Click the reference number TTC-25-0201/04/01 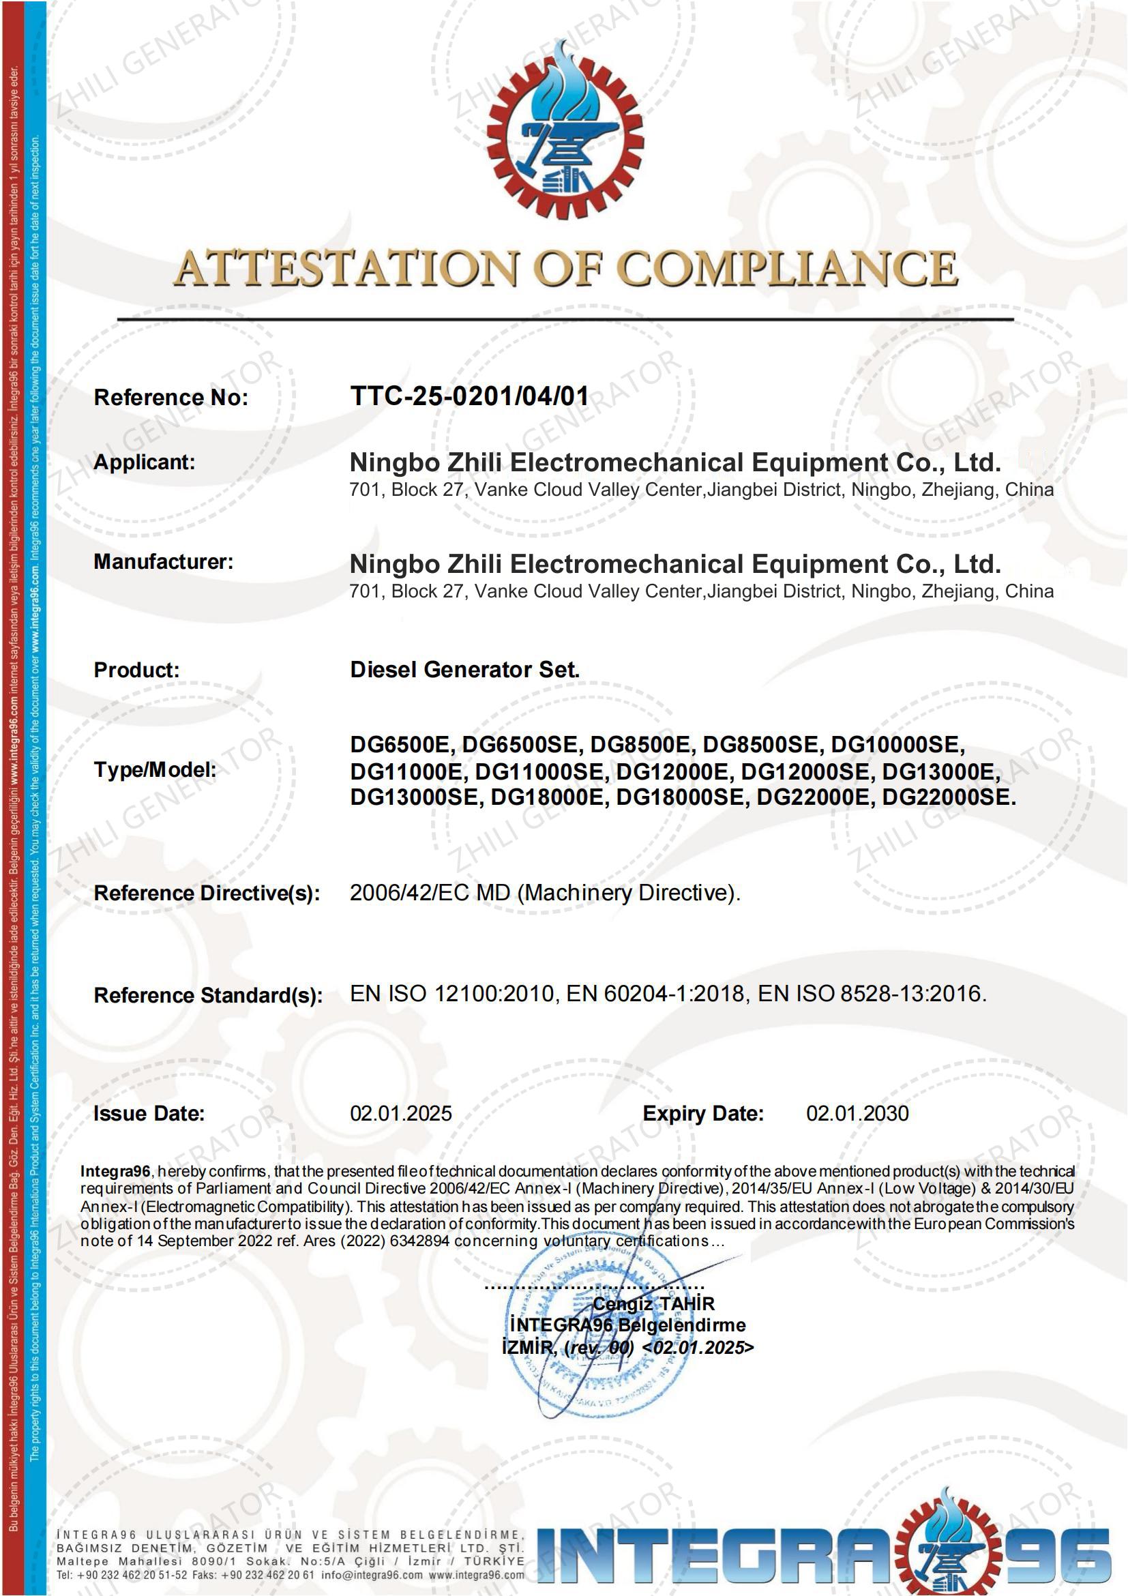click(x=469, y=396)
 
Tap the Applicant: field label click(x=145, y=462)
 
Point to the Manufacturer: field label click(x=163, y=561)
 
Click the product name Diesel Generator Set click(x=464, y=669)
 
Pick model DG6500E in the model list click(x=400, y=745)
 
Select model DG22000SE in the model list click(x=948, y=797)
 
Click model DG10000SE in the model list click(x=897, y=745)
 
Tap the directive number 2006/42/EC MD click(x=430, y=893)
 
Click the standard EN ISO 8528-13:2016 click(x=872, y=994)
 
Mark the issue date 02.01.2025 click(x=400, y=1114)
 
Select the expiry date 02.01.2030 click(x=857, y=1114)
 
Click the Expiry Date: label click(x=702, y=1114)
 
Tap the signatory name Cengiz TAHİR click(x=653, y=1304)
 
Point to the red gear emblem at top click(x=565, y=132)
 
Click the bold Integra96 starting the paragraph click(x=115, y=1172)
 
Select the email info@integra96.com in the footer click(x=372, y=1575)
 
